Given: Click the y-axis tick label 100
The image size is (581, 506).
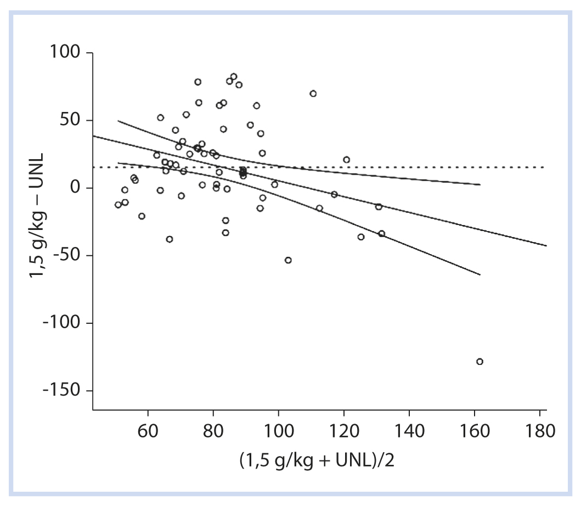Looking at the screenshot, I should (x=65, y=53).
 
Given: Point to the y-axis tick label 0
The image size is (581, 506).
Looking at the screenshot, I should (x=75, y=188).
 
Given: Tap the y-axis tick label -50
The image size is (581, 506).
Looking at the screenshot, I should (x=65, y=256).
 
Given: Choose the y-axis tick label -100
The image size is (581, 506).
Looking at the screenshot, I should (x=60, y=323).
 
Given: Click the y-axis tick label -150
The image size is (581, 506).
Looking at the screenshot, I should (x=60, y=391).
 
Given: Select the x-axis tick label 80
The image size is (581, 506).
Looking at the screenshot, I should (x=213, y=430).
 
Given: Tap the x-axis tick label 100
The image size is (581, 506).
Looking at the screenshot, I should (x=278, y=430).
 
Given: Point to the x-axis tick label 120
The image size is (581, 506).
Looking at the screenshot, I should (x=344, y=430).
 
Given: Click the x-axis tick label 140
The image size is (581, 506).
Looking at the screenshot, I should (x=409, y=430).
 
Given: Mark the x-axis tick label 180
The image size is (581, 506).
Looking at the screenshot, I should (x=540, y=430).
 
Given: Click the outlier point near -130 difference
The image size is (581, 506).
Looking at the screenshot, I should (x=480, y=362).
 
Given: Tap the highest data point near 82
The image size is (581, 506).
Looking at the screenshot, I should (x=234, y=77).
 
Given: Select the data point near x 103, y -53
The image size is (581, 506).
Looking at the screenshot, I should (x=288, y=260).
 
